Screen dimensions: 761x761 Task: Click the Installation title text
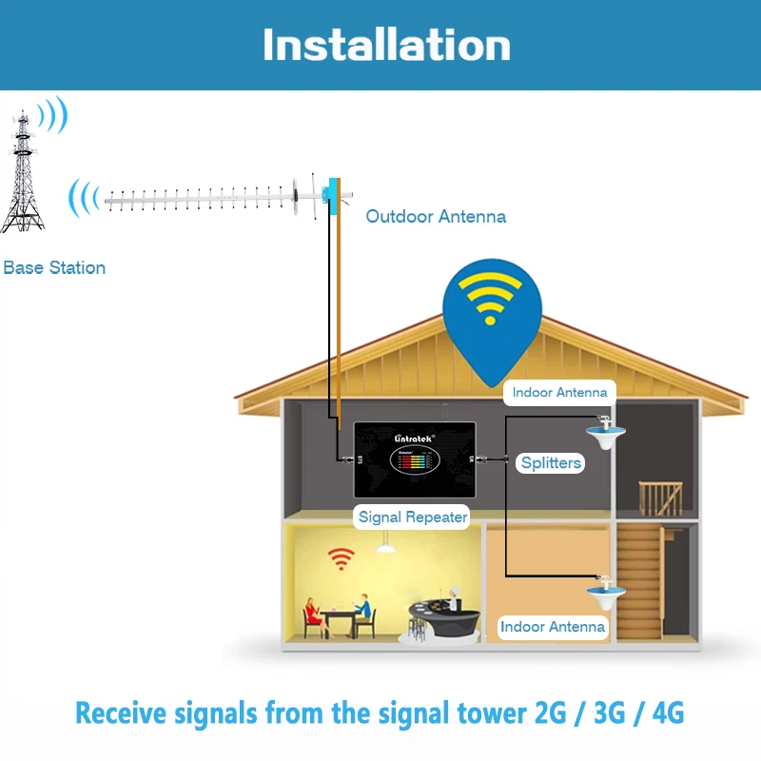tap(386, 45)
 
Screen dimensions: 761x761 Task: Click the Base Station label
tap(54, 268)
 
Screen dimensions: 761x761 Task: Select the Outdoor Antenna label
tap(436, 217)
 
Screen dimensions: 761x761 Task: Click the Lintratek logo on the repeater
tap(414, 438)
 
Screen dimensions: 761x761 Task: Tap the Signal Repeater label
tap(413, 517)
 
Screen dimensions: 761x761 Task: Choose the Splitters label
tap(551, 463)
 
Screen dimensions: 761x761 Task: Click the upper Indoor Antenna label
tap(559, 392)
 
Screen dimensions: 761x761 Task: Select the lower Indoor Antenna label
tap(553, 627)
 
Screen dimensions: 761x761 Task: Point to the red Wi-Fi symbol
tap(341, 558)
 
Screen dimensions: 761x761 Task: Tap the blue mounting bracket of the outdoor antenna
tap(334, 194)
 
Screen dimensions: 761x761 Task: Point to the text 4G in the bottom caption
tap(665, 712)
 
